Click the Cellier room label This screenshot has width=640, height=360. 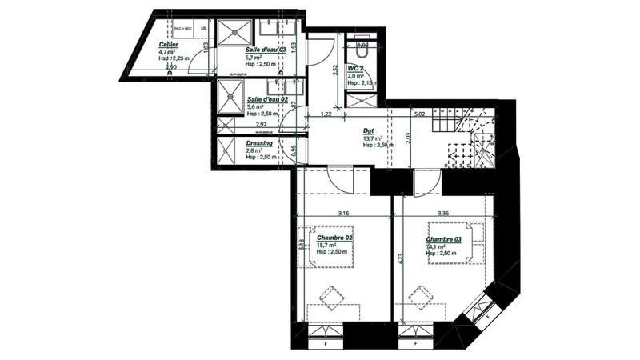169,44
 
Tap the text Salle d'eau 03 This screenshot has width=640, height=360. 265,50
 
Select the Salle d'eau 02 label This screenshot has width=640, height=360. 266,98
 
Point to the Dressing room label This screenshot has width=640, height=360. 260,143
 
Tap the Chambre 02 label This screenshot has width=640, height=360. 334,238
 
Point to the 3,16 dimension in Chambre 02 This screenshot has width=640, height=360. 344,214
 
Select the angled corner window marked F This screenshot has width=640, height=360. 481,314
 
